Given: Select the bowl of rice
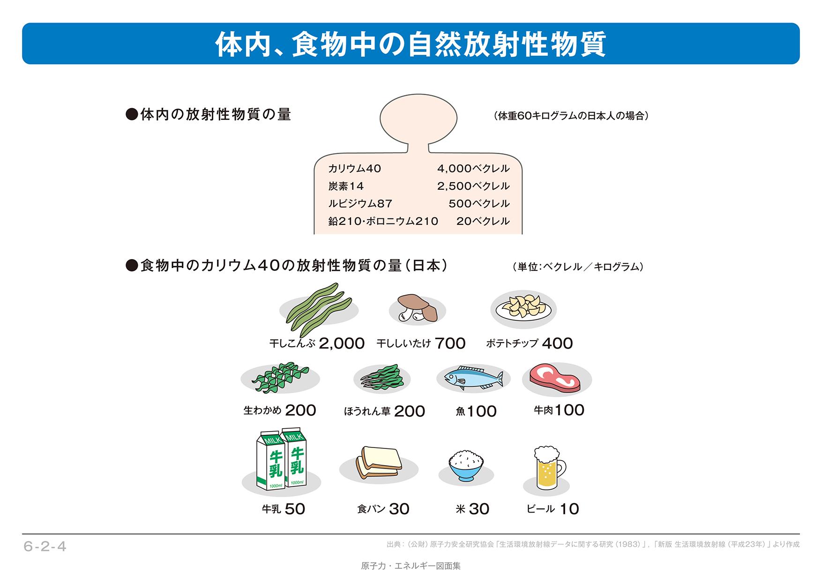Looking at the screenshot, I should (466, 465).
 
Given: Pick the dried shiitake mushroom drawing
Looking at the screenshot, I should (417, 308).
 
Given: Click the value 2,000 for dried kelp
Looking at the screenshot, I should (342, 343).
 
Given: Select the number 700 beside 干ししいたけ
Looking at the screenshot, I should (450, 343).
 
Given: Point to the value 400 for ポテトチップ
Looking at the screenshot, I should (557, 343).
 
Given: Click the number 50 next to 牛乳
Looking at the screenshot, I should (295, 509).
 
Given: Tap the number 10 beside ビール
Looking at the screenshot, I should (569, 509).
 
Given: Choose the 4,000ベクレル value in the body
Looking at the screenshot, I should (473, 169).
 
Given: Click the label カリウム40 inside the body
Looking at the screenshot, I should (355, 169).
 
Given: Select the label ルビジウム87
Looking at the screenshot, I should (360, 204).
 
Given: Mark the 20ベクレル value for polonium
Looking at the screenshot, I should (483, 221).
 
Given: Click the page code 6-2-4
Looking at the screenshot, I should (45, 546).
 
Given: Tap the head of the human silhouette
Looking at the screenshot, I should (418, 119).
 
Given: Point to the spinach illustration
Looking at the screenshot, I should (381, 378).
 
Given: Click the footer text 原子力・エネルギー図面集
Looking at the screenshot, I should (411, 566).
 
